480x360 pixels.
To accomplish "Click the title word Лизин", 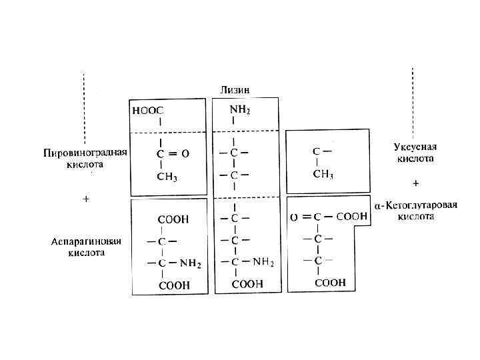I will pyautogui.click(x=236, y=90).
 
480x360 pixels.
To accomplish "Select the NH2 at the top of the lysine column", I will pyautogui.click(x=240, y=109).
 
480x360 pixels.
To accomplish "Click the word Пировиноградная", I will pyautogui.click(x=81, y=152).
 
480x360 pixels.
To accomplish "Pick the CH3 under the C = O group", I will pyautogui.click(x=167, y=176).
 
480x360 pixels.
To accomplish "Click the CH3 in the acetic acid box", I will pyautogui.click(x=323, y=174).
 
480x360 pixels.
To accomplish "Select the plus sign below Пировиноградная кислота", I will pyautogui.click(x=85, y=199).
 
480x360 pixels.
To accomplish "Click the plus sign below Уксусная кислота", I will pyautogui.click(x=417, y=181).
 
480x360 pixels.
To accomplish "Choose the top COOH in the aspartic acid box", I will pyautogui.click(x=173, y=219).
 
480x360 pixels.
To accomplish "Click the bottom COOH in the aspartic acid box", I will pyautogui.click(x=173, y=285).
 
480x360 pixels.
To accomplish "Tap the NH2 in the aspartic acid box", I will pyautogui.click(x=190, y=263).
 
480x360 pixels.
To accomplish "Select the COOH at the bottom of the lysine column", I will pyautogui.click(x=247, y=283).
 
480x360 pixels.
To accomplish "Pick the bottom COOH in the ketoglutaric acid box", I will pyautogui.click(x=330, y=283).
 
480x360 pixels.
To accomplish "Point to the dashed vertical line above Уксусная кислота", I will pyautogui.click(x=413, y=100).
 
